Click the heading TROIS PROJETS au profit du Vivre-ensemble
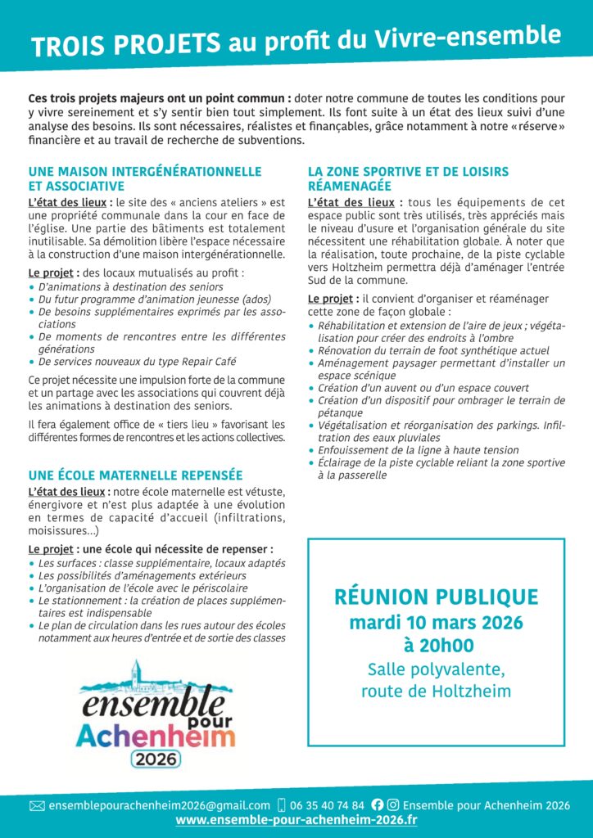click(x=296, y=41)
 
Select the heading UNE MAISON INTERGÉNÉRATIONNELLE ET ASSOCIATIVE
click(x=144, y=178)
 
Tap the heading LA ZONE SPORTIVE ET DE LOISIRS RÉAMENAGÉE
click(x=408, y=178)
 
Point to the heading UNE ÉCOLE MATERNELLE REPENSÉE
click(x=135, y=475)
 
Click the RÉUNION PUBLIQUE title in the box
click(x=436, y=597)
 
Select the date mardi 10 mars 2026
click(x=436, y=622)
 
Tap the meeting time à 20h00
click(x=436, y=646)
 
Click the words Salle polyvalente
click(x=436, y=670)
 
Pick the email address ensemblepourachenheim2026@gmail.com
click(x=159, y=805)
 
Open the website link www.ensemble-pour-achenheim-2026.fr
click(x=296, y=820)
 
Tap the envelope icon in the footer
click(x=37, y=805)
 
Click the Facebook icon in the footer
click(x=378, y=805)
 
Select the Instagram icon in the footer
click(x=393, y=805)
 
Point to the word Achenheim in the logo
click(x=155, y=734)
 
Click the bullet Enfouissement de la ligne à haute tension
click(x=418, y=450)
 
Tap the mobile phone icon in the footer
click(x=282, y=805)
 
